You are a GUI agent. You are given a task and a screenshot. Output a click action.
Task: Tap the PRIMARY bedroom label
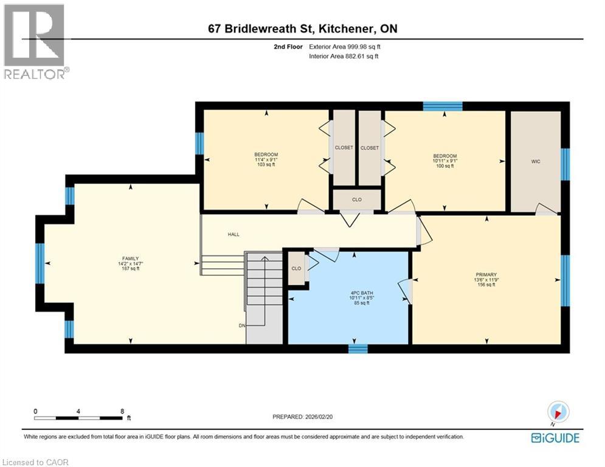click(x=486, y=274)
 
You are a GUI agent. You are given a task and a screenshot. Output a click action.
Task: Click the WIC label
click(x=535, y=161)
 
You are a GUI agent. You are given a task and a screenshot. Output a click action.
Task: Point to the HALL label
click(x=233, y=233)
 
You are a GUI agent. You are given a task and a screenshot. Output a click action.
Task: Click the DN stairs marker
click(x=242, y=325)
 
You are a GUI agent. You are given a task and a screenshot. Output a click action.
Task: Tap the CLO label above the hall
click(x=357, y=199)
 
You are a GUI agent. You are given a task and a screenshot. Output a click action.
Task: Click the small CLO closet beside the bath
click(x=296, y=268)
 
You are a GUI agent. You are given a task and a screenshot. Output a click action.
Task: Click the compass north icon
click(x=558, y=412)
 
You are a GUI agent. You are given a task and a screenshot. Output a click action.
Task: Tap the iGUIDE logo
click(x=555, y=438)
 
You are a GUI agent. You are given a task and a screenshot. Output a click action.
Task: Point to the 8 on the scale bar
click(x=122, y=411)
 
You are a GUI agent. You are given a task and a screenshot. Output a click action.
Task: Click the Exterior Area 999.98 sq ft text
click(x=345, y=46)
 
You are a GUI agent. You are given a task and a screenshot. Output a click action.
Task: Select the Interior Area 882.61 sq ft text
click(x=344, y=56)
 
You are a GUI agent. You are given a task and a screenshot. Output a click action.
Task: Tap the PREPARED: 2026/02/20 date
click(x=302, y=417)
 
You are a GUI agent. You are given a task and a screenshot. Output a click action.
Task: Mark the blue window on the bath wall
click(x=358, y=348)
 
